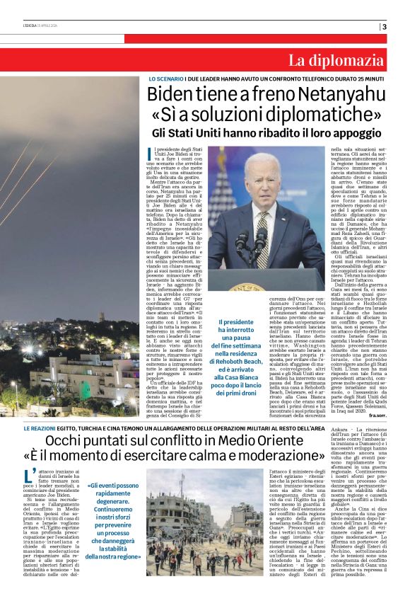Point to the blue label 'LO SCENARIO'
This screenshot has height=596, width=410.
(x=165, y=78)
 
